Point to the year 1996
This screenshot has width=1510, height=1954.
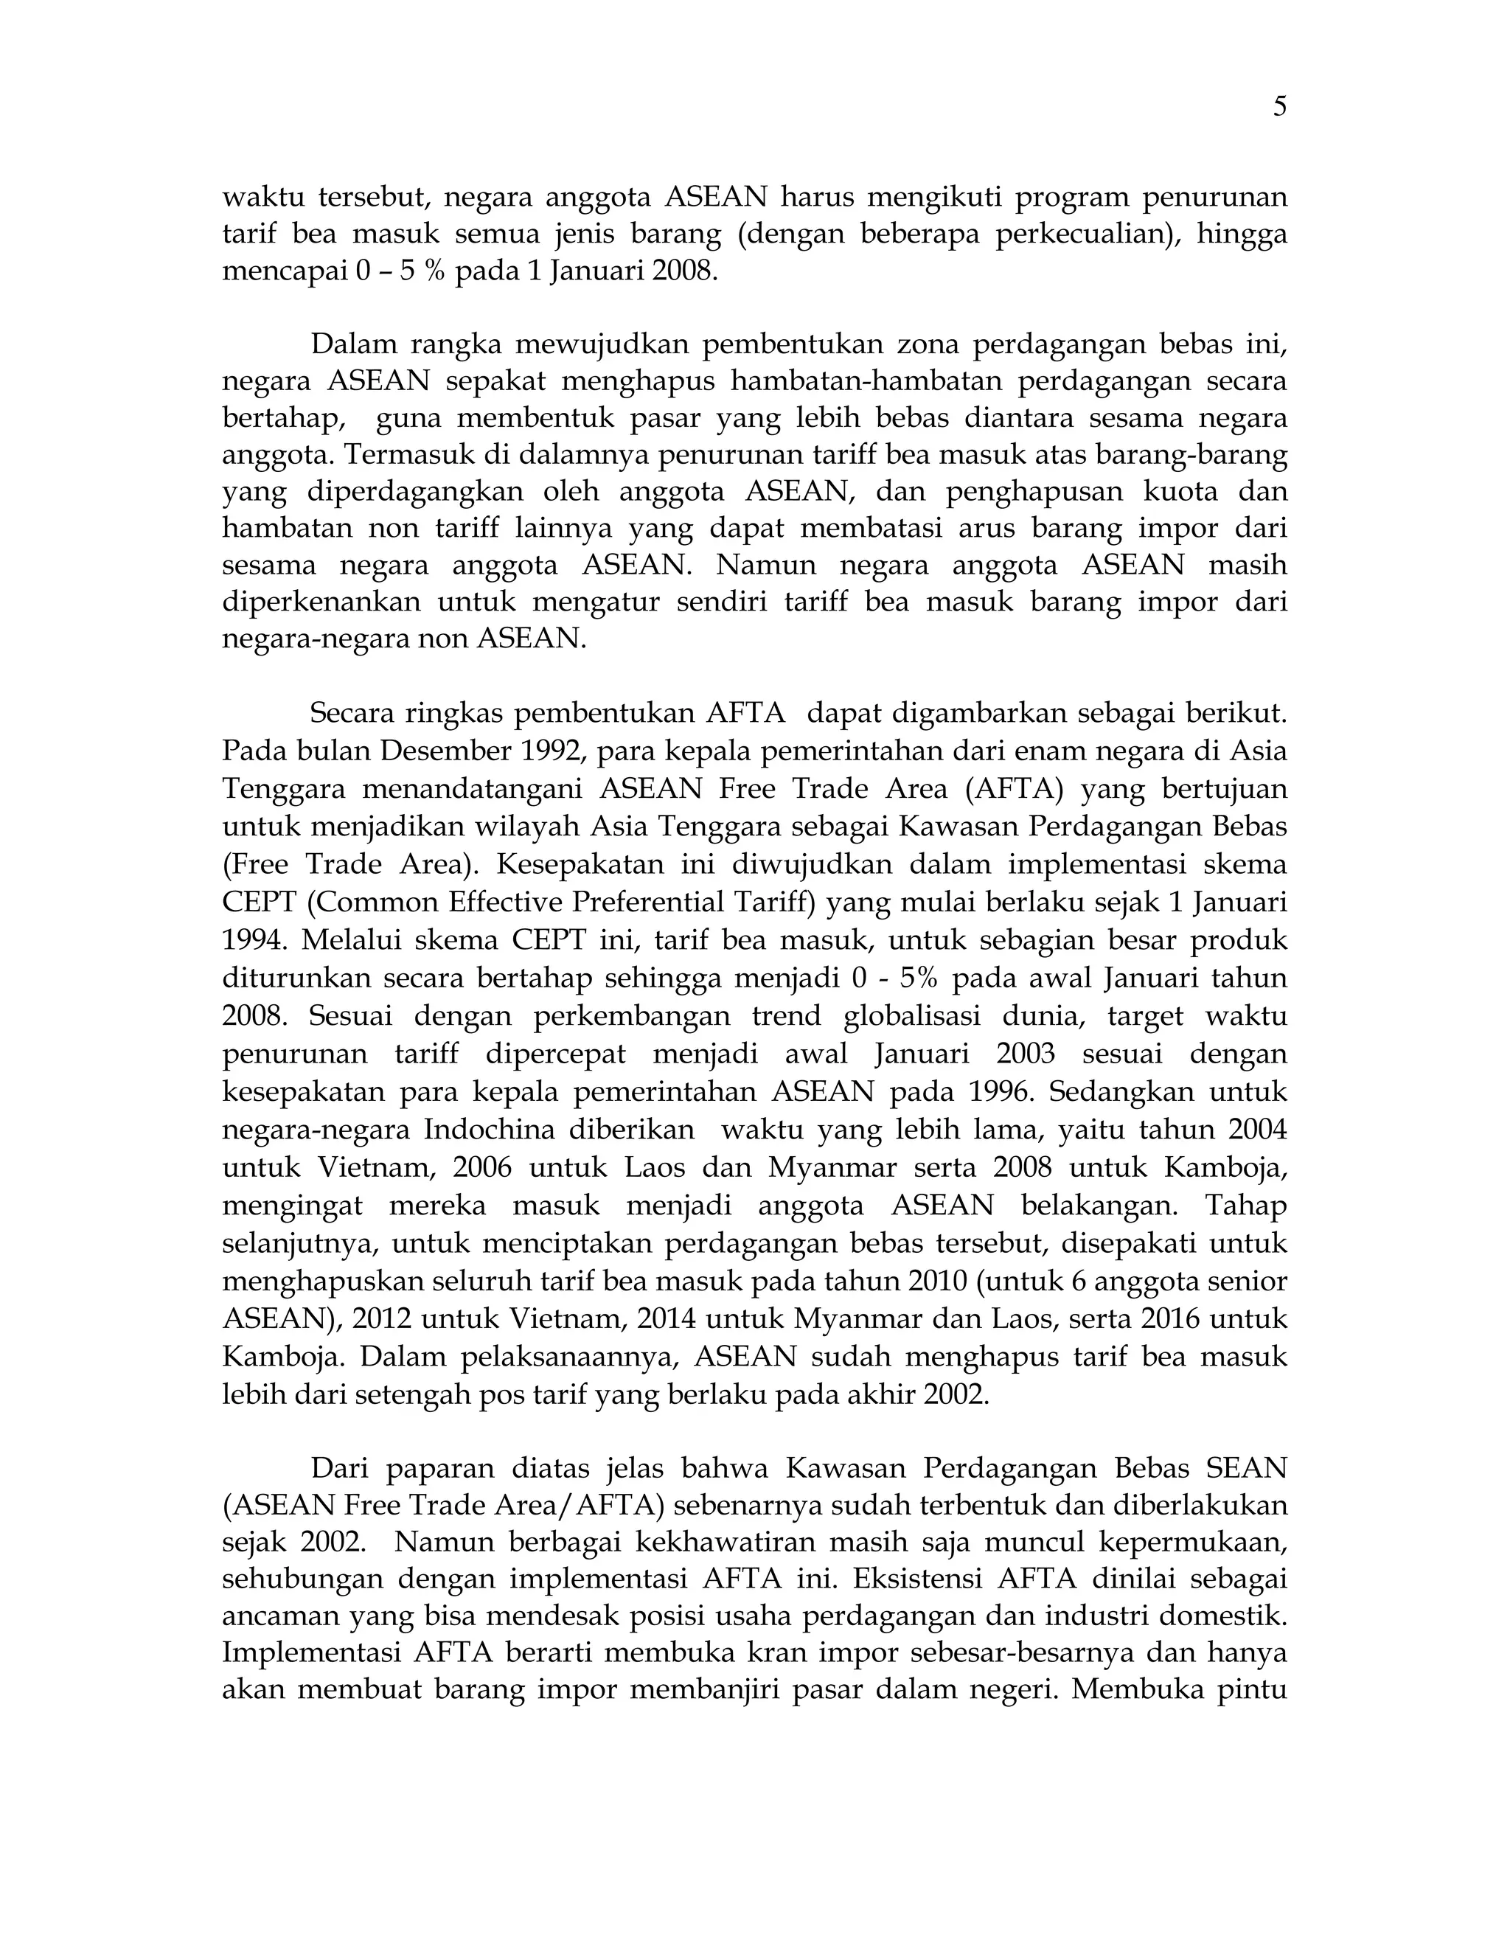coord(999,1091)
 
